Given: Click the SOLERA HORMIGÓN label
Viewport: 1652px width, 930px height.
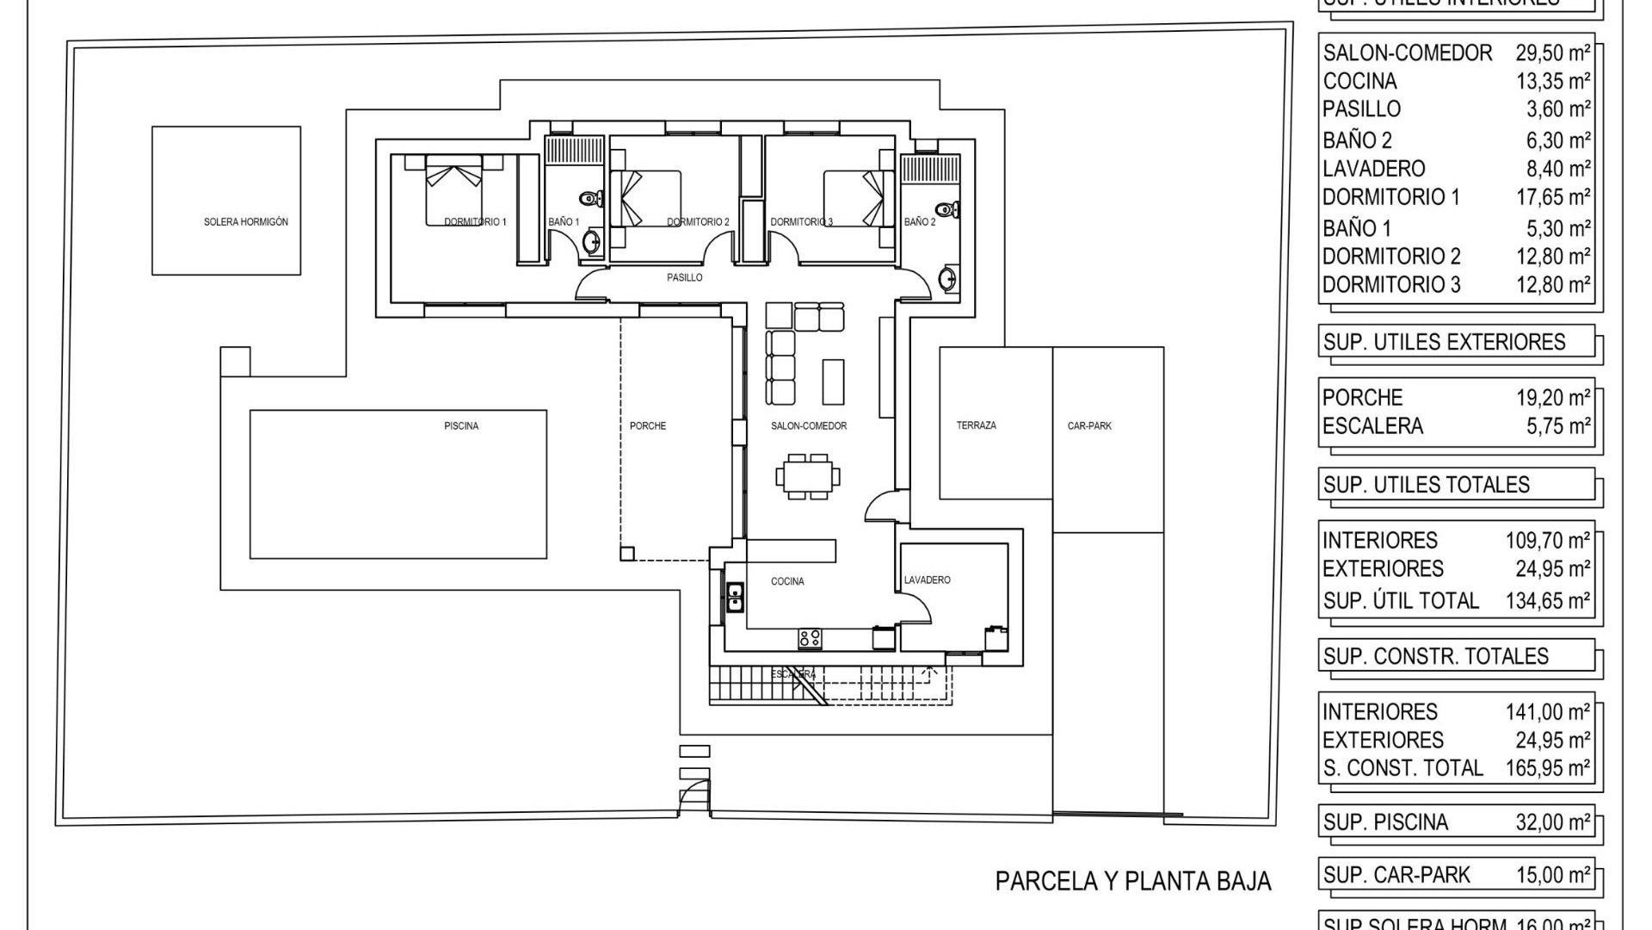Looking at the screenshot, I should (x=246, y=222).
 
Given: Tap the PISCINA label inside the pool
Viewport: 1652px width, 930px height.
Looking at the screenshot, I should (x=461, y=426).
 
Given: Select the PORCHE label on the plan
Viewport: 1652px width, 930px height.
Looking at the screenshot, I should (x=648, y=426).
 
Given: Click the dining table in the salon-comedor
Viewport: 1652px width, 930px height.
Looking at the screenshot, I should (x=808, y=476).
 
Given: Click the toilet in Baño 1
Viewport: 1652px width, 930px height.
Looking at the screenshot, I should (x=591, y=199).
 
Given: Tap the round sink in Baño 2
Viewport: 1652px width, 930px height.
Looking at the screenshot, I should (x=946, y=279).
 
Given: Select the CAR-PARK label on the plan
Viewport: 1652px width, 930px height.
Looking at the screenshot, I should (x=1089, y=426).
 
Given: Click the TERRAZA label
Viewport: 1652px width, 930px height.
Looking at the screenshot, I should (x=977, y=425).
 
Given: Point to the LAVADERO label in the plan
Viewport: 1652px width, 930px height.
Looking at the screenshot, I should (x=928, y=580).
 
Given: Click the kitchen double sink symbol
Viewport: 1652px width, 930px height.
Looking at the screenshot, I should (x=736, y=597).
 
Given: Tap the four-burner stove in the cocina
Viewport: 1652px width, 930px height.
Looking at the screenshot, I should (x=810, y=638).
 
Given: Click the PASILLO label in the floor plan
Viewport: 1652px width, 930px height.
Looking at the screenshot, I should (x=685, y=277).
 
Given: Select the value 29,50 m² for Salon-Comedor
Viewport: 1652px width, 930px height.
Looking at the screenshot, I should (x=1552, y=53).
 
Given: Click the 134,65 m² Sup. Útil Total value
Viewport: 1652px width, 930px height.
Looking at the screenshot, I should (x=1547, y=601).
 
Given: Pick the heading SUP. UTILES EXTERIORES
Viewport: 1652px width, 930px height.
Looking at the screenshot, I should (x=1444, y=342).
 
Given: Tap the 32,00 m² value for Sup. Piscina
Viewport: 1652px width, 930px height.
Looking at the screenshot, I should (x=1552, y=822).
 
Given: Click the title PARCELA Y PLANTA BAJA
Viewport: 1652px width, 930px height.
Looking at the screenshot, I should (x=1132, y=882).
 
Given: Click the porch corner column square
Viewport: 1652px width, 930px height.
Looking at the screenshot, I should (x=627, y=554).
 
